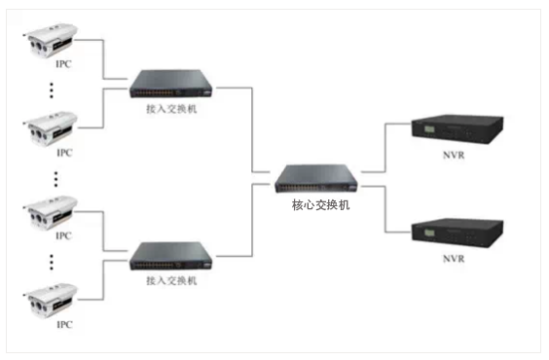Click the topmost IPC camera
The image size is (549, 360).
point(50,43)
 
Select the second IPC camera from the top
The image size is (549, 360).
point(50,126)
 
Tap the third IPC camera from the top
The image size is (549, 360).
point(50,213)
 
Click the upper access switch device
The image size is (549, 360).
point(171,85)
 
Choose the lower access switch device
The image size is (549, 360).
point(171,255)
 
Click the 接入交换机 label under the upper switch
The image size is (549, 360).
point(172,109)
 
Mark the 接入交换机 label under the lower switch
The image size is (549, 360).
point(172,280)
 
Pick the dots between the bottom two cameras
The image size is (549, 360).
point(52,262)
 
